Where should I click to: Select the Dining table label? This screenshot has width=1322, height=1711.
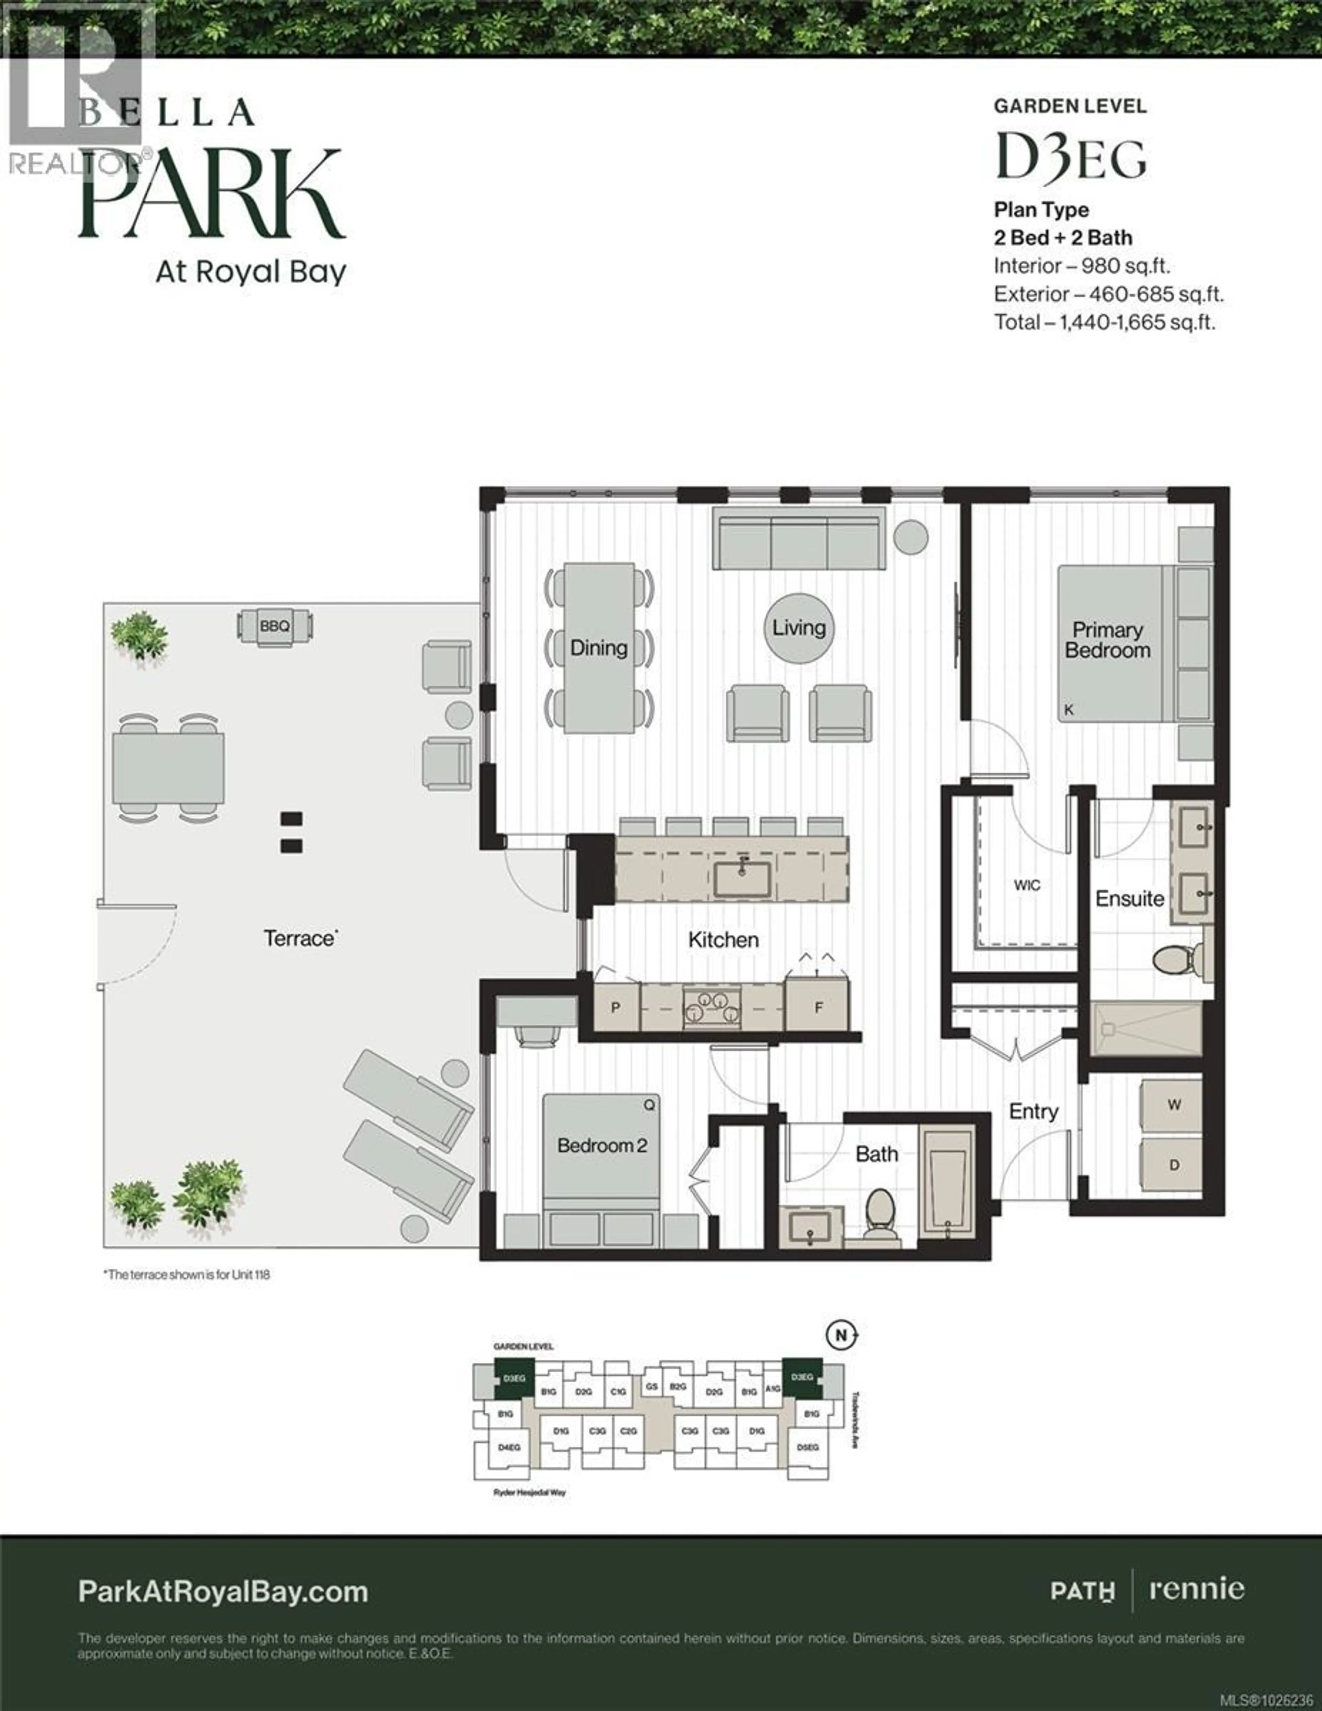599,648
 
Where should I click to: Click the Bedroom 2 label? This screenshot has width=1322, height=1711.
602,1145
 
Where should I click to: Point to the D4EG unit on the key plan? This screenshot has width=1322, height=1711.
510,1448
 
